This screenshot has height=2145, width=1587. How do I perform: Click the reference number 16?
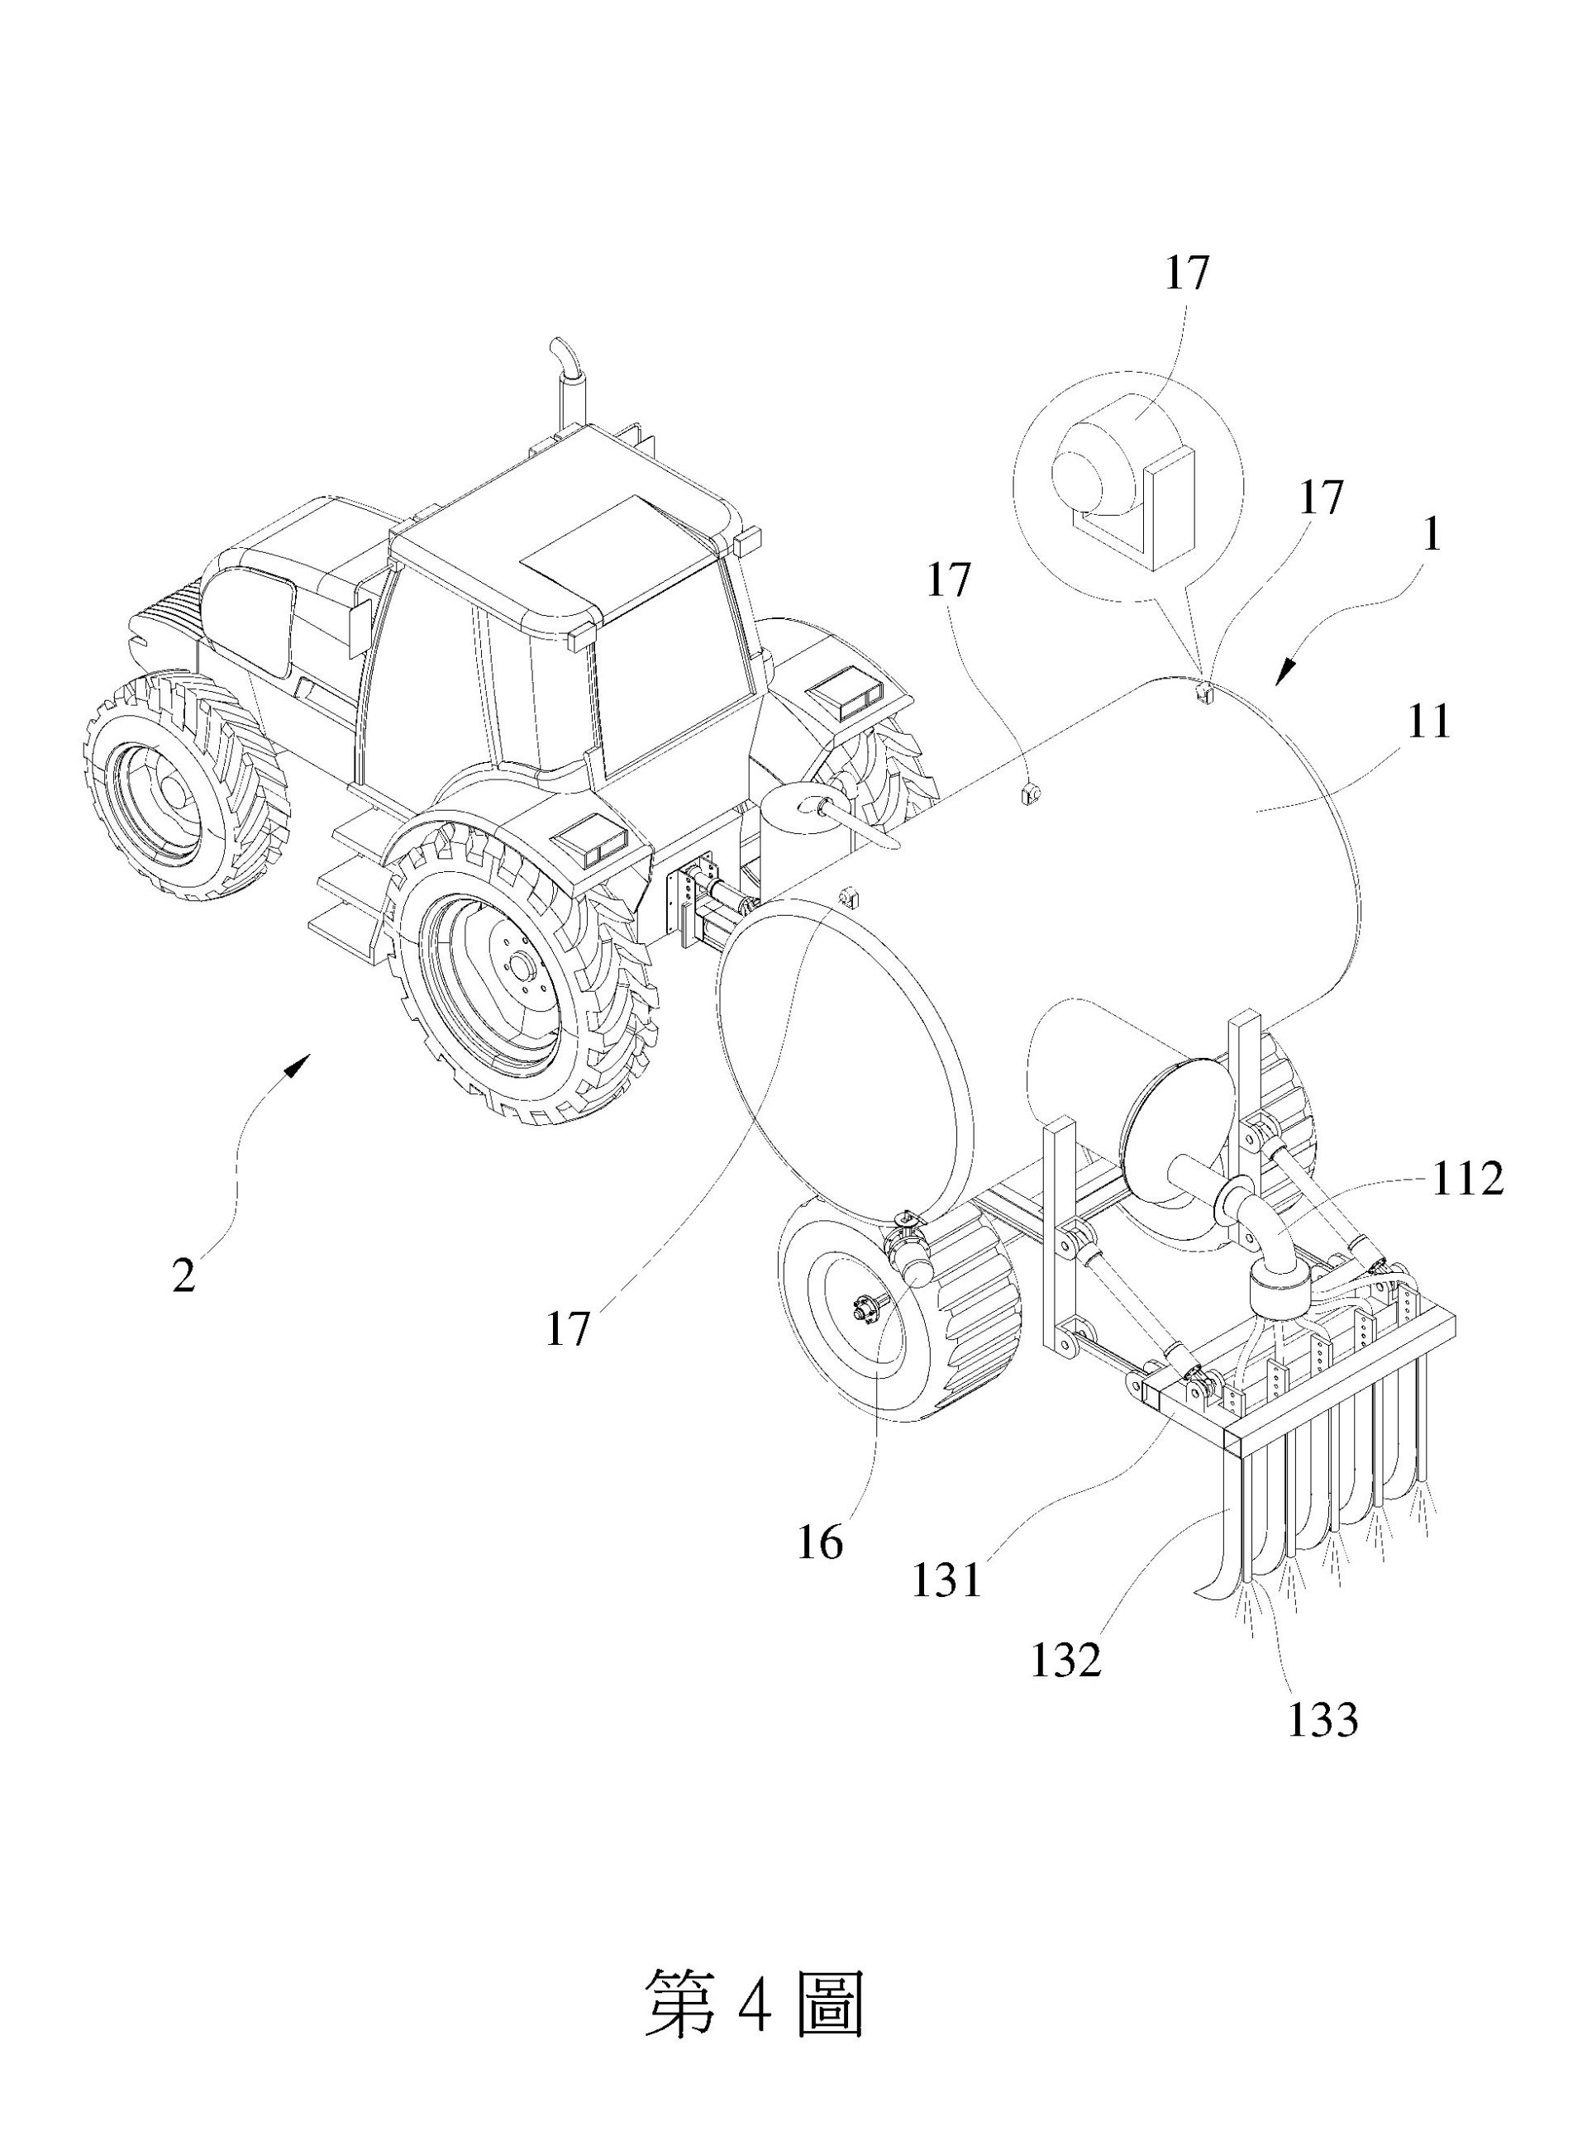pos(819,1542)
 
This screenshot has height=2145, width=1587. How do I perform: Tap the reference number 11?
pos(1427,722)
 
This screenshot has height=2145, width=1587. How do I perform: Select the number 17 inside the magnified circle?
pos(1188,274)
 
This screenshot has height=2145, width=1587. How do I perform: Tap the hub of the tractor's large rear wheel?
pos(522,965)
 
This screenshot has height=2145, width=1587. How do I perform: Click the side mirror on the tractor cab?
pos(360,622)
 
